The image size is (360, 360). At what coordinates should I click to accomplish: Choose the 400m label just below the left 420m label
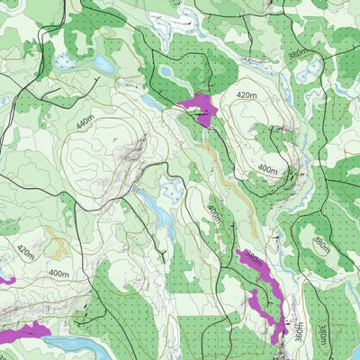(x=58, y=272)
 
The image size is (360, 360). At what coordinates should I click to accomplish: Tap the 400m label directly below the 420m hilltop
(x=267, y=168)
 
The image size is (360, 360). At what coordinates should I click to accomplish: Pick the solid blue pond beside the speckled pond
(x=103, y=64)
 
